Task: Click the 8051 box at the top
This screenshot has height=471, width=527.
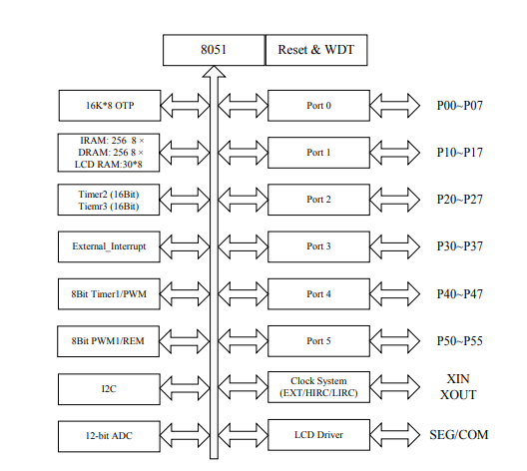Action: point(214,50)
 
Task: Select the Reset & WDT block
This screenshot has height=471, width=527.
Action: point(316,50)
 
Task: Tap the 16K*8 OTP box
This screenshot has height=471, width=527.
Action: point(110,106)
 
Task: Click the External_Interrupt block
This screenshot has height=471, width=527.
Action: point(109,246)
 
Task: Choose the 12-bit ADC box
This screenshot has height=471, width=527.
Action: point(109,436)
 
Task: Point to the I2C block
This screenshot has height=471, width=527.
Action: point(109,389)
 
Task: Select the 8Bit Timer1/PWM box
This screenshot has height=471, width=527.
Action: point(109,294)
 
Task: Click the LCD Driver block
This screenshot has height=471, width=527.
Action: point(318,435)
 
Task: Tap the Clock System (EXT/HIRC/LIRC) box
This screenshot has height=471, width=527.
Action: point(318,387)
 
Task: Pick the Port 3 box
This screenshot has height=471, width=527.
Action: point(318,246)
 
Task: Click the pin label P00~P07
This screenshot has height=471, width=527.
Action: point(460,106)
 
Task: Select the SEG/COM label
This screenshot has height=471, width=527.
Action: point(459,435)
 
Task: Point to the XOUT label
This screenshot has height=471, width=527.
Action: point(458,395)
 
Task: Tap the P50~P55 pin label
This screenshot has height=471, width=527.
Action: point(460,341)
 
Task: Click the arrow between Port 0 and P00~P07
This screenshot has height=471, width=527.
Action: point(395,106)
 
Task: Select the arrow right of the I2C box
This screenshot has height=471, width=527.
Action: point(185,388)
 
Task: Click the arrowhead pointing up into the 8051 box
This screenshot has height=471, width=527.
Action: point(214,72)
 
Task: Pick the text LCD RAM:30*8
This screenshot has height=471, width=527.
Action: point(108,165)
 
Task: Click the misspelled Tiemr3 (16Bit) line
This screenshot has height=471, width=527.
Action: point(109,206)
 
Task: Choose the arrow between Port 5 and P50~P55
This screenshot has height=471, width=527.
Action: point(395,341)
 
